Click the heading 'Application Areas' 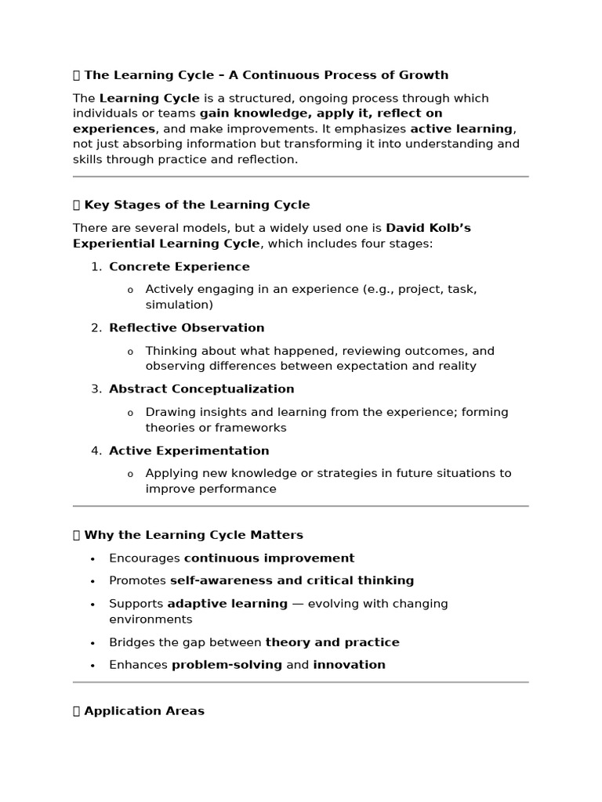click(143, 711)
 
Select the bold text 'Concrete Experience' click(180, 266)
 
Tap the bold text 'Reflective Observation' click(187, 327)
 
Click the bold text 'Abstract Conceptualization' click(201, 388)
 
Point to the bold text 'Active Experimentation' click(189, 450)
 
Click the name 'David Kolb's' click(428, 228)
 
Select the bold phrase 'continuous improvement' click(269, 558)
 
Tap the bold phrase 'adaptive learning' click(227, 603)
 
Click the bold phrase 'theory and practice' click(332, 642)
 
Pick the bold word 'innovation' click(349, 664)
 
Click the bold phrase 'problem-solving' click(227, 664)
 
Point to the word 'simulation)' click(179, 305)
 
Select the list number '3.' click(96, 388)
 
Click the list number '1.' click(96, 266)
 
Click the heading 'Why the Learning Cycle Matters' click(193, 535)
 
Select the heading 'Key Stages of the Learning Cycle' click(197, 204)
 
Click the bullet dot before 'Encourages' click(92, 558)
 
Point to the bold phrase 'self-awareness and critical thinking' click(292, 580)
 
